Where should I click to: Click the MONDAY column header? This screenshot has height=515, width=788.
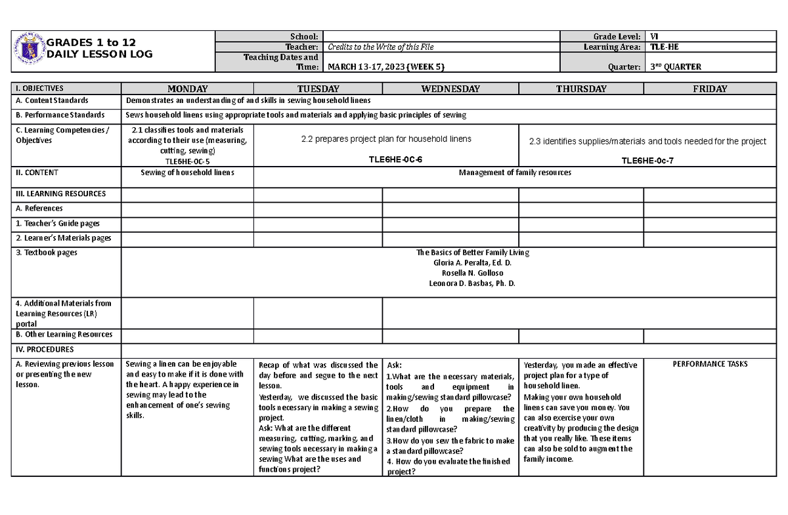187,89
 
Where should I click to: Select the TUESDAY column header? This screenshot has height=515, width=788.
318,89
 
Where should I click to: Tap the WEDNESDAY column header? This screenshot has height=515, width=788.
450,89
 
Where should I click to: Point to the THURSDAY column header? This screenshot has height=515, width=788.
580,89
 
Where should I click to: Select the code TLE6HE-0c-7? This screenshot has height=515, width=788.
647,160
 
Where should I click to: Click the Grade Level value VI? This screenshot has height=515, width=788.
655,37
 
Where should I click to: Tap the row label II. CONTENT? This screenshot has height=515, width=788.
37,173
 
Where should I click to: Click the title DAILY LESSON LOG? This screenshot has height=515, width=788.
98,54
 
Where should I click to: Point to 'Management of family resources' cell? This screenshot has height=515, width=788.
515,173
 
